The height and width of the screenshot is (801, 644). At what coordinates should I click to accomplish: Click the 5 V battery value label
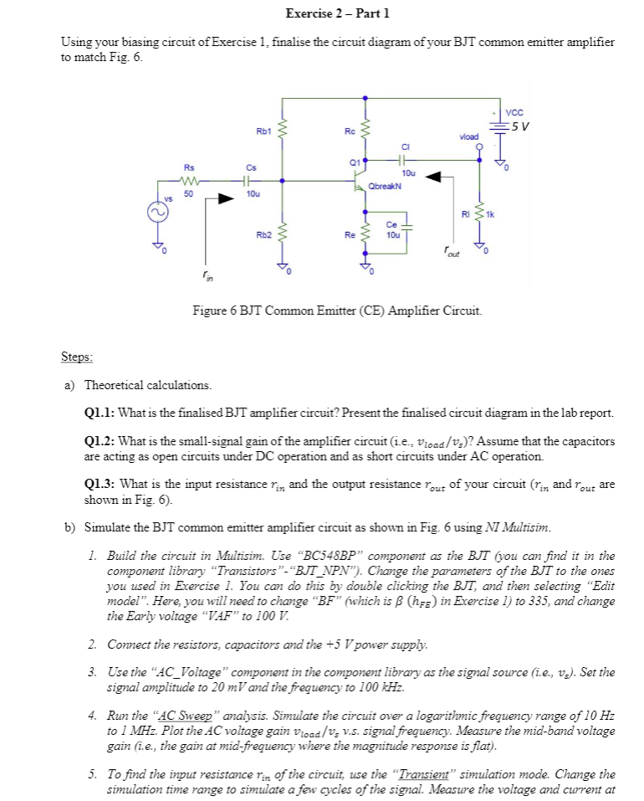point(520,126)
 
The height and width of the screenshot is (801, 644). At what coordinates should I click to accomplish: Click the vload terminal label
point(469,136)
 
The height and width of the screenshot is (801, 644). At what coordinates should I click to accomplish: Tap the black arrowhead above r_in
point(225,199)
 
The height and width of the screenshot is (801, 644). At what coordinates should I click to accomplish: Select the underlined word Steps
point(77,357)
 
